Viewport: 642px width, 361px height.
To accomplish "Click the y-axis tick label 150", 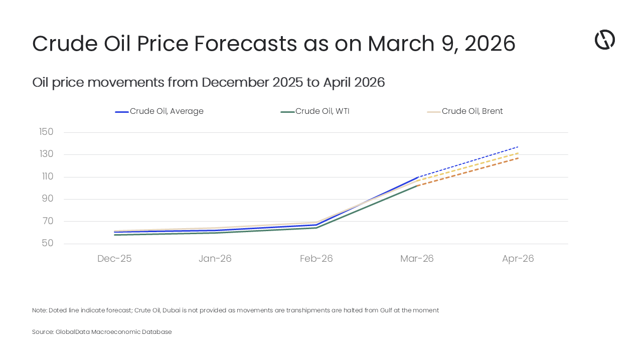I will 46,132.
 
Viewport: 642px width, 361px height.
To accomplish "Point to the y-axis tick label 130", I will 46,154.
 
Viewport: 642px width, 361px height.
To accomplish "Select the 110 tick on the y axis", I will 46,176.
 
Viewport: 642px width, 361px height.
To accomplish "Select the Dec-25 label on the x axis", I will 114,259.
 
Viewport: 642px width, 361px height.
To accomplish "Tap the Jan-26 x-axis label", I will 215,259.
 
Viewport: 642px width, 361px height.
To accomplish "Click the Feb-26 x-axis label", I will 316,259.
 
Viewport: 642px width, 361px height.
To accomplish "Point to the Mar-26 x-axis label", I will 417,259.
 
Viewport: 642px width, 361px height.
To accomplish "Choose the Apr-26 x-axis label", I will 518,259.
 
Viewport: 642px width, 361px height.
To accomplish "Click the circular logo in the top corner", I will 605,40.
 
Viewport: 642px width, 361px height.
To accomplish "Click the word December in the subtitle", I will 235,83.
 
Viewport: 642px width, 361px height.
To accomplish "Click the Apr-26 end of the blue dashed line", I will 518,146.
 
